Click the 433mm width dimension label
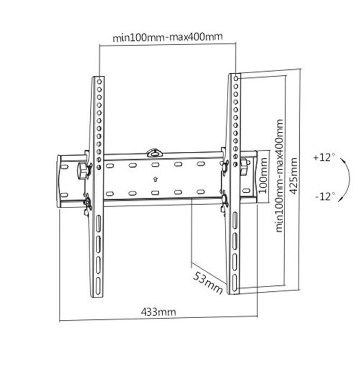tap(158, 311)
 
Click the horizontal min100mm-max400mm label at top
tap(167, 38)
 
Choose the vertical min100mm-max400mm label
tap(279, 176)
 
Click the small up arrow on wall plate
tap(154, 180)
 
